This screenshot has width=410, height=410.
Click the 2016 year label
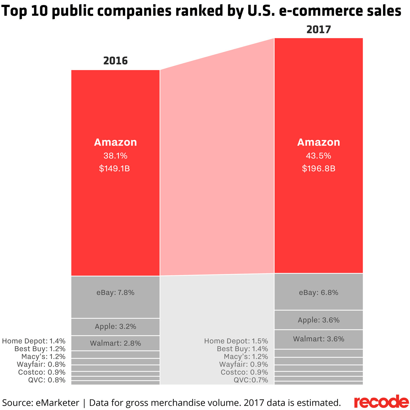(x=115, y=61)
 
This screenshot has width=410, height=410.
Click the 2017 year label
(x=319, y=30)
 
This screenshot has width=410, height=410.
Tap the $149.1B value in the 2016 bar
(x=115, y=168)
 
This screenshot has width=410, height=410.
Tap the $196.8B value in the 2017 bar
(x=319, y=168)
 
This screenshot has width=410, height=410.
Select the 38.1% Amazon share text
(x=115, y=156)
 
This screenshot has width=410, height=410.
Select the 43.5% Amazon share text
(x=319, y=156)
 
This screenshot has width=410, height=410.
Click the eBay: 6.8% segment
(x=319, y=292)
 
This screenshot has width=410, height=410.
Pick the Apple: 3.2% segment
(x=115, y=327)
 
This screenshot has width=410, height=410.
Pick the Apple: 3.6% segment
(x=319, y=320)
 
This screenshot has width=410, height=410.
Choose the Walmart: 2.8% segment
(x=115, y=343)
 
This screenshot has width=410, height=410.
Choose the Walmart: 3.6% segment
(x=319, y=339)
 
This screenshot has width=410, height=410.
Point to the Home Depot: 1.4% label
(x=34, y=341)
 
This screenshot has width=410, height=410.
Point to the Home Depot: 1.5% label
(x=236, y=341)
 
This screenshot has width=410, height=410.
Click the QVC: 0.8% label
(x=47, y=380)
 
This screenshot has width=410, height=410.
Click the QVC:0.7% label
(x=251, y=380)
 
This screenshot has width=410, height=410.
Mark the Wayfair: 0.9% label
(x=244, y=364)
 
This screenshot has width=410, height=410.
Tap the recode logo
(x=381, y=402)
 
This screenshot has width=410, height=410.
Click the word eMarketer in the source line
(x=57, y=403)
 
